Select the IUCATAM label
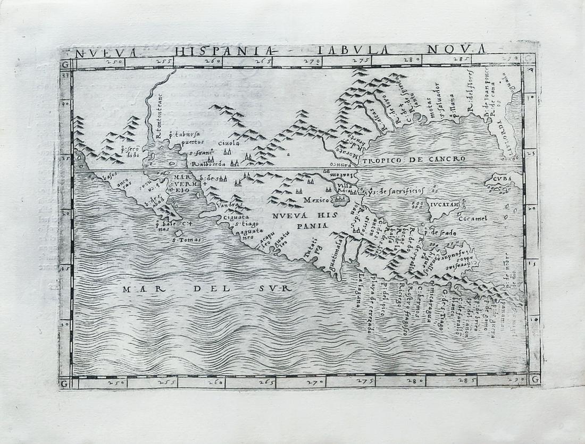tap(445, 203)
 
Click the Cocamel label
tap(472, 218)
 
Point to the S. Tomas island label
tap(182, 239)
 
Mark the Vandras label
tap(230, 204)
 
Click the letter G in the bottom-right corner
tap(534, 380)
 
